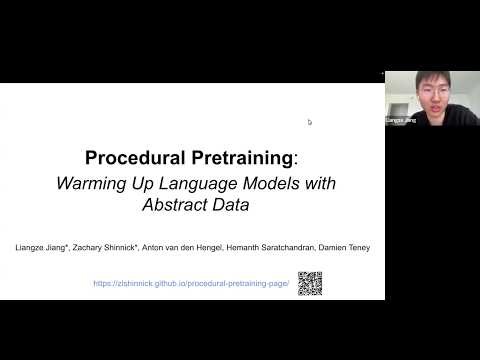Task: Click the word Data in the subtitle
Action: [x=228, y=206]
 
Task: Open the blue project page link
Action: [x=191, y=283]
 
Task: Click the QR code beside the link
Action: [x=310, y=283]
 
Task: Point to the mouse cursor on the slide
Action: [x=309, y=122]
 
